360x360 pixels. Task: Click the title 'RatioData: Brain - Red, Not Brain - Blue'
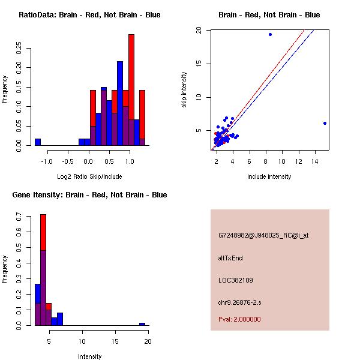89,15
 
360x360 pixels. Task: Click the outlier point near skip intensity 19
270,34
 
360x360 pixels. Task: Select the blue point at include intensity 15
325,123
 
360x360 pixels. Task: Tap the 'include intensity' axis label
269,176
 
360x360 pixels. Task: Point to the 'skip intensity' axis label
184,90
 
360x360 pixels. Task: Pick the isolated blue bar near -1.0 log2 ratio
37,142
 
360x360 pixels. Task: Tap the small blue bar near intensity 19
142,324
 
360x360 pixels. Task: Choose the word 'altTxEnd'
230,258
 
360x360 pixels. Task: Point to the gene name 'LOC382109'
235,280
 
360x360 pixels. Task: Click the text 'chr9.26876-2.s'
239,302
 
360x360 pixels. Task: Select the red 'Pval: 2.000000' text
239,319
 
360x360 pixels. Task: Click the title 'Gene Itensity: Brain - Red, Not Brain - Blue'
89,195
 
